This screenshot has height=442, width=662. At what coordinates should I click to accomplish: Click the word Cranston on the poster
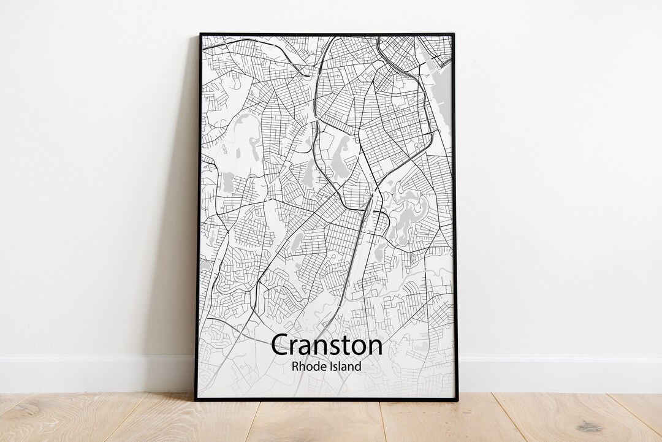click(326, 345)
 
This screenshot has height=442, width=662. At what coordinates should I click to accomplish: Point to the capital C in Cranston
click(280, 345)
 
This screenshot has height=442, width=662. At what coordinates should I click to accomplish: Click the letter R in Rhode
click(295, 367)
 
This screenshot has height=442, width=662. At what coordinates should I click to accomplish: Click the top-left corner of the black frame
click(200, 34)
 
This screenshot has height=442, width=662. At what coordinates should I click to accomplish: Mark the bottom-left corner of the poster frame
click(196, 399)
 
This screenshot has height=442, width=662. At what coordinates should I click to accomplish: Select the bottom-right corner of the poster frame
click(457, 399)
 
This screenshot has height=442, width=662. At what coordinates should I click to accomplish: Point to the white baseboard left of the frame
click(92, 373)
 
